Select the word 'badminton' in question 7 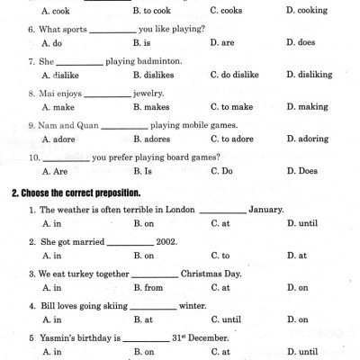pyautogui.click(x=162, y=60)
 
